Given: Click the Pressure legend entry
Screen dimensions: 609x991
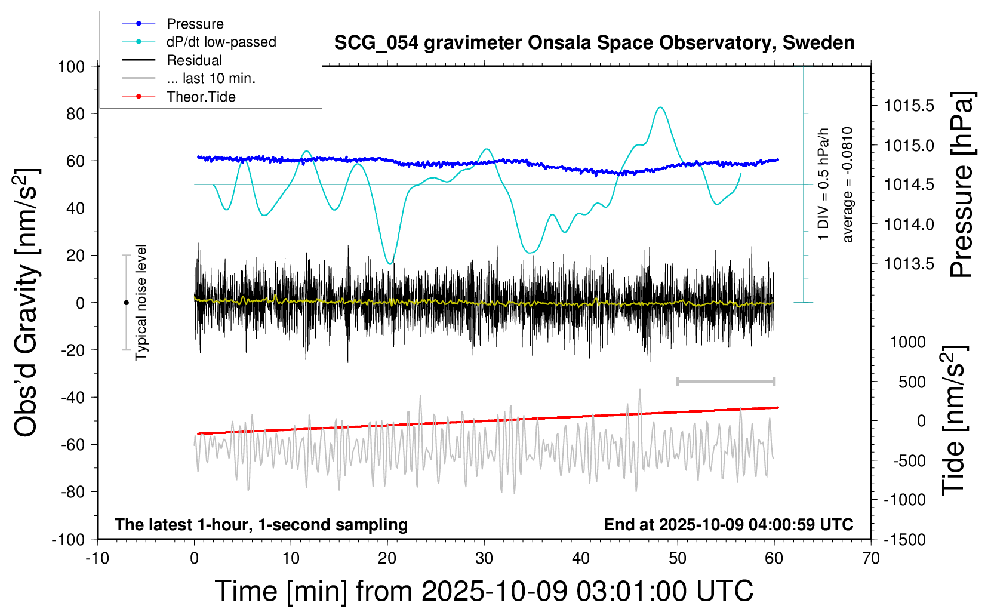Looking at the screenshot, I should click(x=195, y=24).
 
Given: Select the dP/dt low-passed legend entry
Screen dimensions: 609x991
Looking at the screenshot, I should click(x=221, y=42).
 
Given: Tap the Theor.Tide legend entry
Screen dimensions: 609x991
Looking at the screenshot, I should click(x=201, y=97).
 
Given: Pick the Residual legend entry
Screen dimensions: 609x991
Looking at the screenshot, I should click(x=194, y=60).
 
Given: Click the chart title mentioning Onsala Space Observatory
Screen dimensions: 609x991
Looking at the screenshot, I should click(x=594, y=43).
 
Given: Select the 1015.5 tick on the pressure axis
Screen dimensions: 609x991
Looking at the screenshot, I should click(x=909, y=106).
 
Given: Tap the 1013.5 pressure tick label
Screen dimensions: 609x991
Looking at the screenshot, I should click(x=909, y=263).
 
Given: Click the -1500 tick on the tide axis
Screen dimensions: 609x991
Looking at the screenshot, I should click(x=905, y=540).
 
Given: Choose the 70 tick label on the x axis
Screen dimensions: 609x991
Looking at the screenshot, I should click(x=871, y=558).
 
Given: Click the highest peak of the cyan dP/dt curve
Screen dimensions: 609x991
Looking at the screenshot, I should click(x=660, y=107).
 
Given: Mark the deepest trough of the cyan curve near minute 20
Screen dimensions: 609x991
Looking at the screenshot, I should click(x=389, y=263).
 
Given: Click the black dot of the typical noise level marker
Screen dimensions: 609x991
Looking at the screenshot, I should click(x=126, y=303).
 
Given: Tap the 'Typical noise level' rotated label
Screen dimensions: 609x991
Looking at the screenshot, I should click(x=141, y=302).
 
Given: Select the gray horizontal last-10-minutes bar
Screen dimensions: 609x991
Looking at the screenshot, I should click(x=725, y=381).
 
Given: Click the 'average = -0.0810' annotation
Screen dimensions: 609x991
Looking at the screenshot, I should click(x=848, y=184).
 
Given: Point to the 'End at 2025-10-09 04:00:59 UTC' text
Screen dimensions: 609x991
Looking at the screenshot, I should click(x=728, y=524).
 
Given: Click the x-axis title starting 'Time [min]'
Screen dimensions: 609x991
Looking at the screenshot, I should click(x=484, y=590).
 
